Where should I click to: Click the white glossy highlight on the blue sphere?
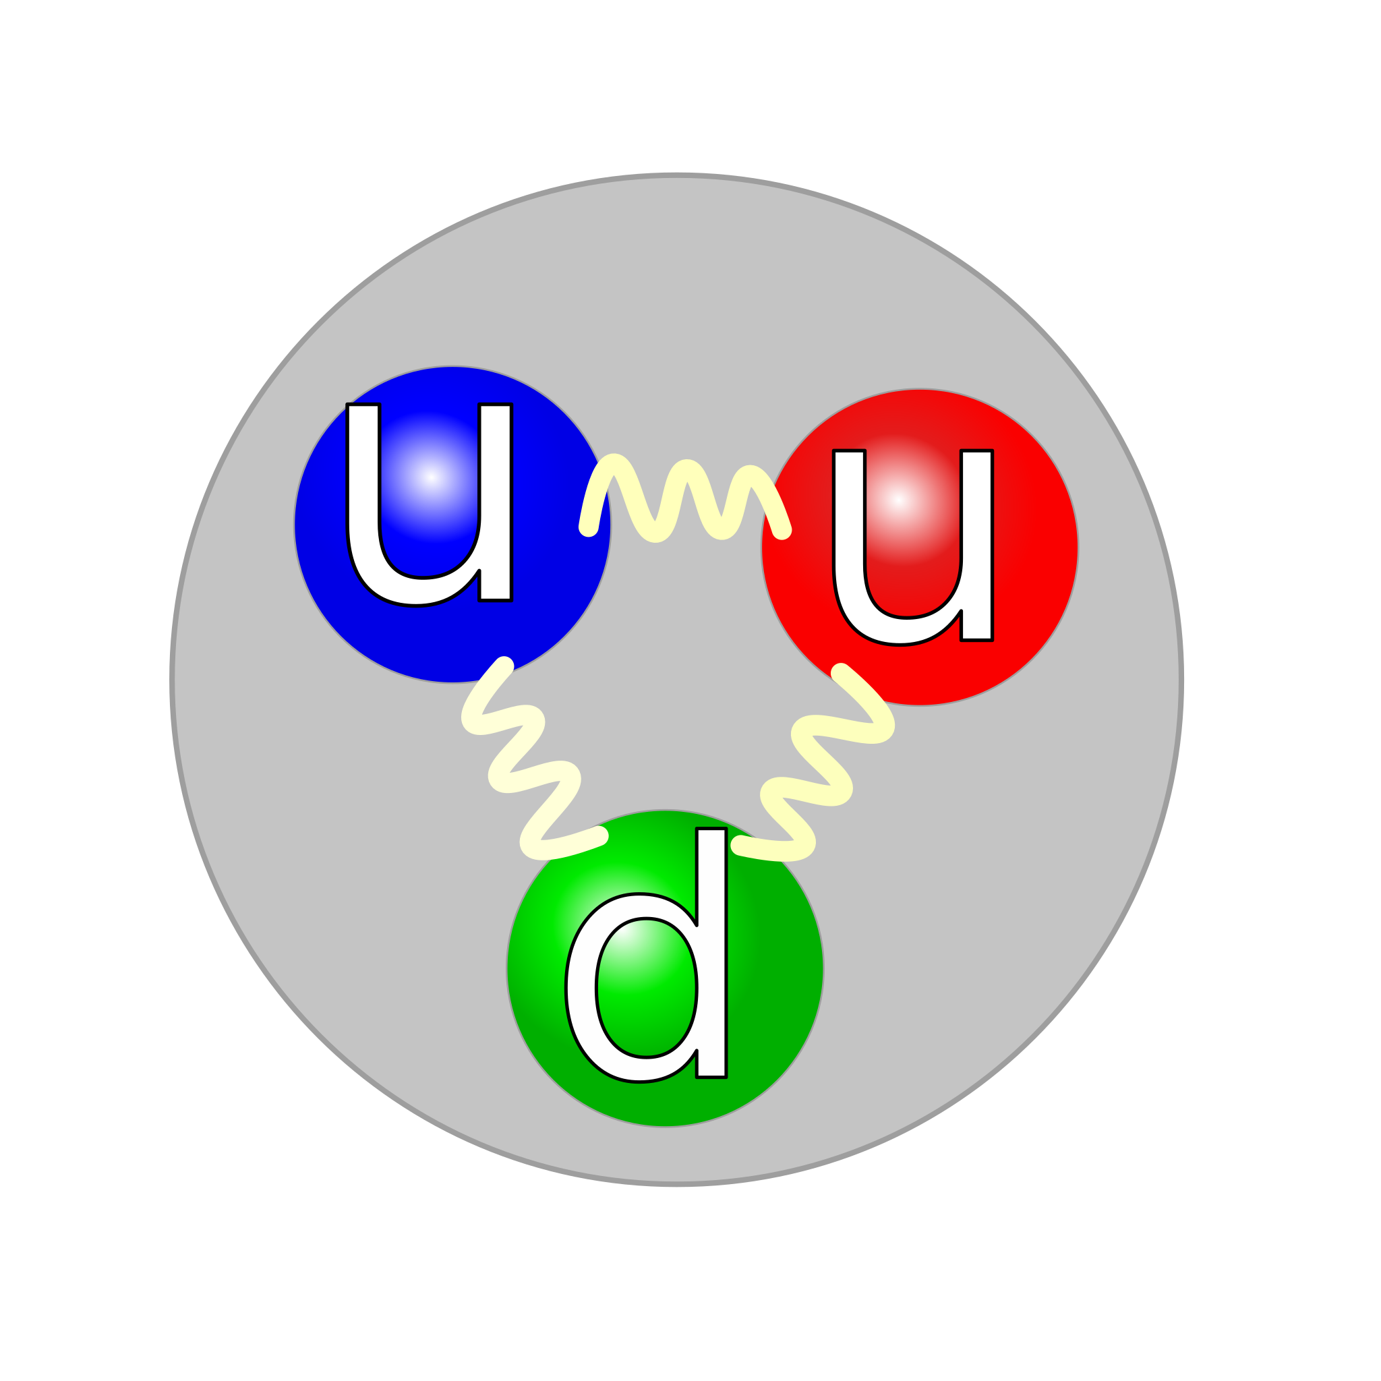point(430,477)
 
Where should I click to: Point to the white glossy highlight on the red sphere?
point(898,500)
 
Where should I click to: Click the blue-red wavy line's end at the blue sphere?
point(588,527)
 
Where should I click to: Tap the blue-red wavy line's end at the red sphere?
point(782,529)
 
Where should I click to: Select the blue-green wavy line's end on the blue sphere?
point(504,666)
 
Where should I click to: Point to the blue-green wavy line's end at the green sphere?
point(598,835)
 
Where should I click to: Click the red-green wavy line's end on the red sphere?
point(841,672)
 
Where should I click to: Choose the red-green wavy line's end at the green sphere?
point(740,846)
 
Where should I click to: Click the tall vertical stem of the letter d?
point(712,954)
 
